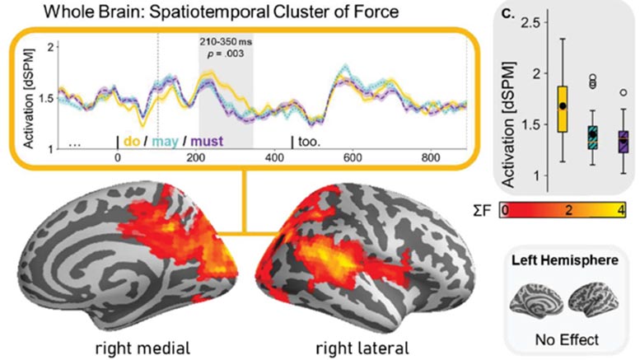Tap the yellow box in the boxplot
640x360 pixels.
pos(563,108)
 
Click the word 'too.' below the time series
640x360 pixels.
pos(309,141)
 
